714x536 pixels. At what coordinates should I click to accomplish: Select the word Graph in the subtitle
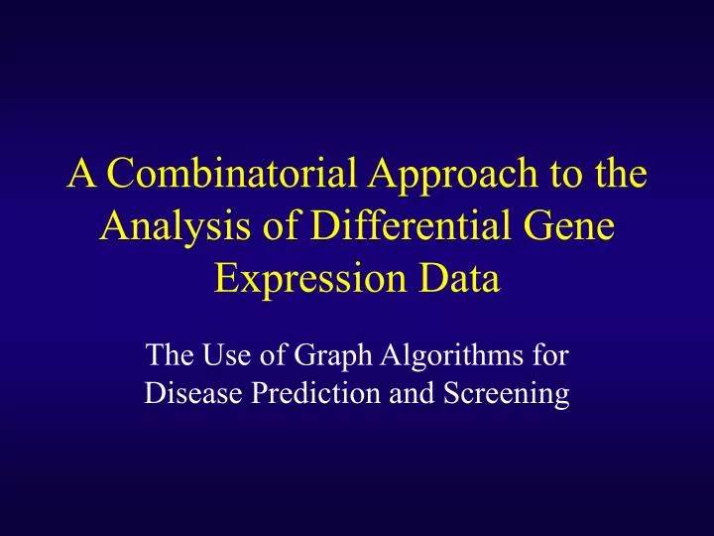321,355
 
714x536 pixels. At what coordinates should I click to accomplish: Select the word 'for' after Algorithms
550,355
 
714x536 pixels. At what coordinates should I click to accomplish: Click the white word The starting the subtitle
167,355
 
